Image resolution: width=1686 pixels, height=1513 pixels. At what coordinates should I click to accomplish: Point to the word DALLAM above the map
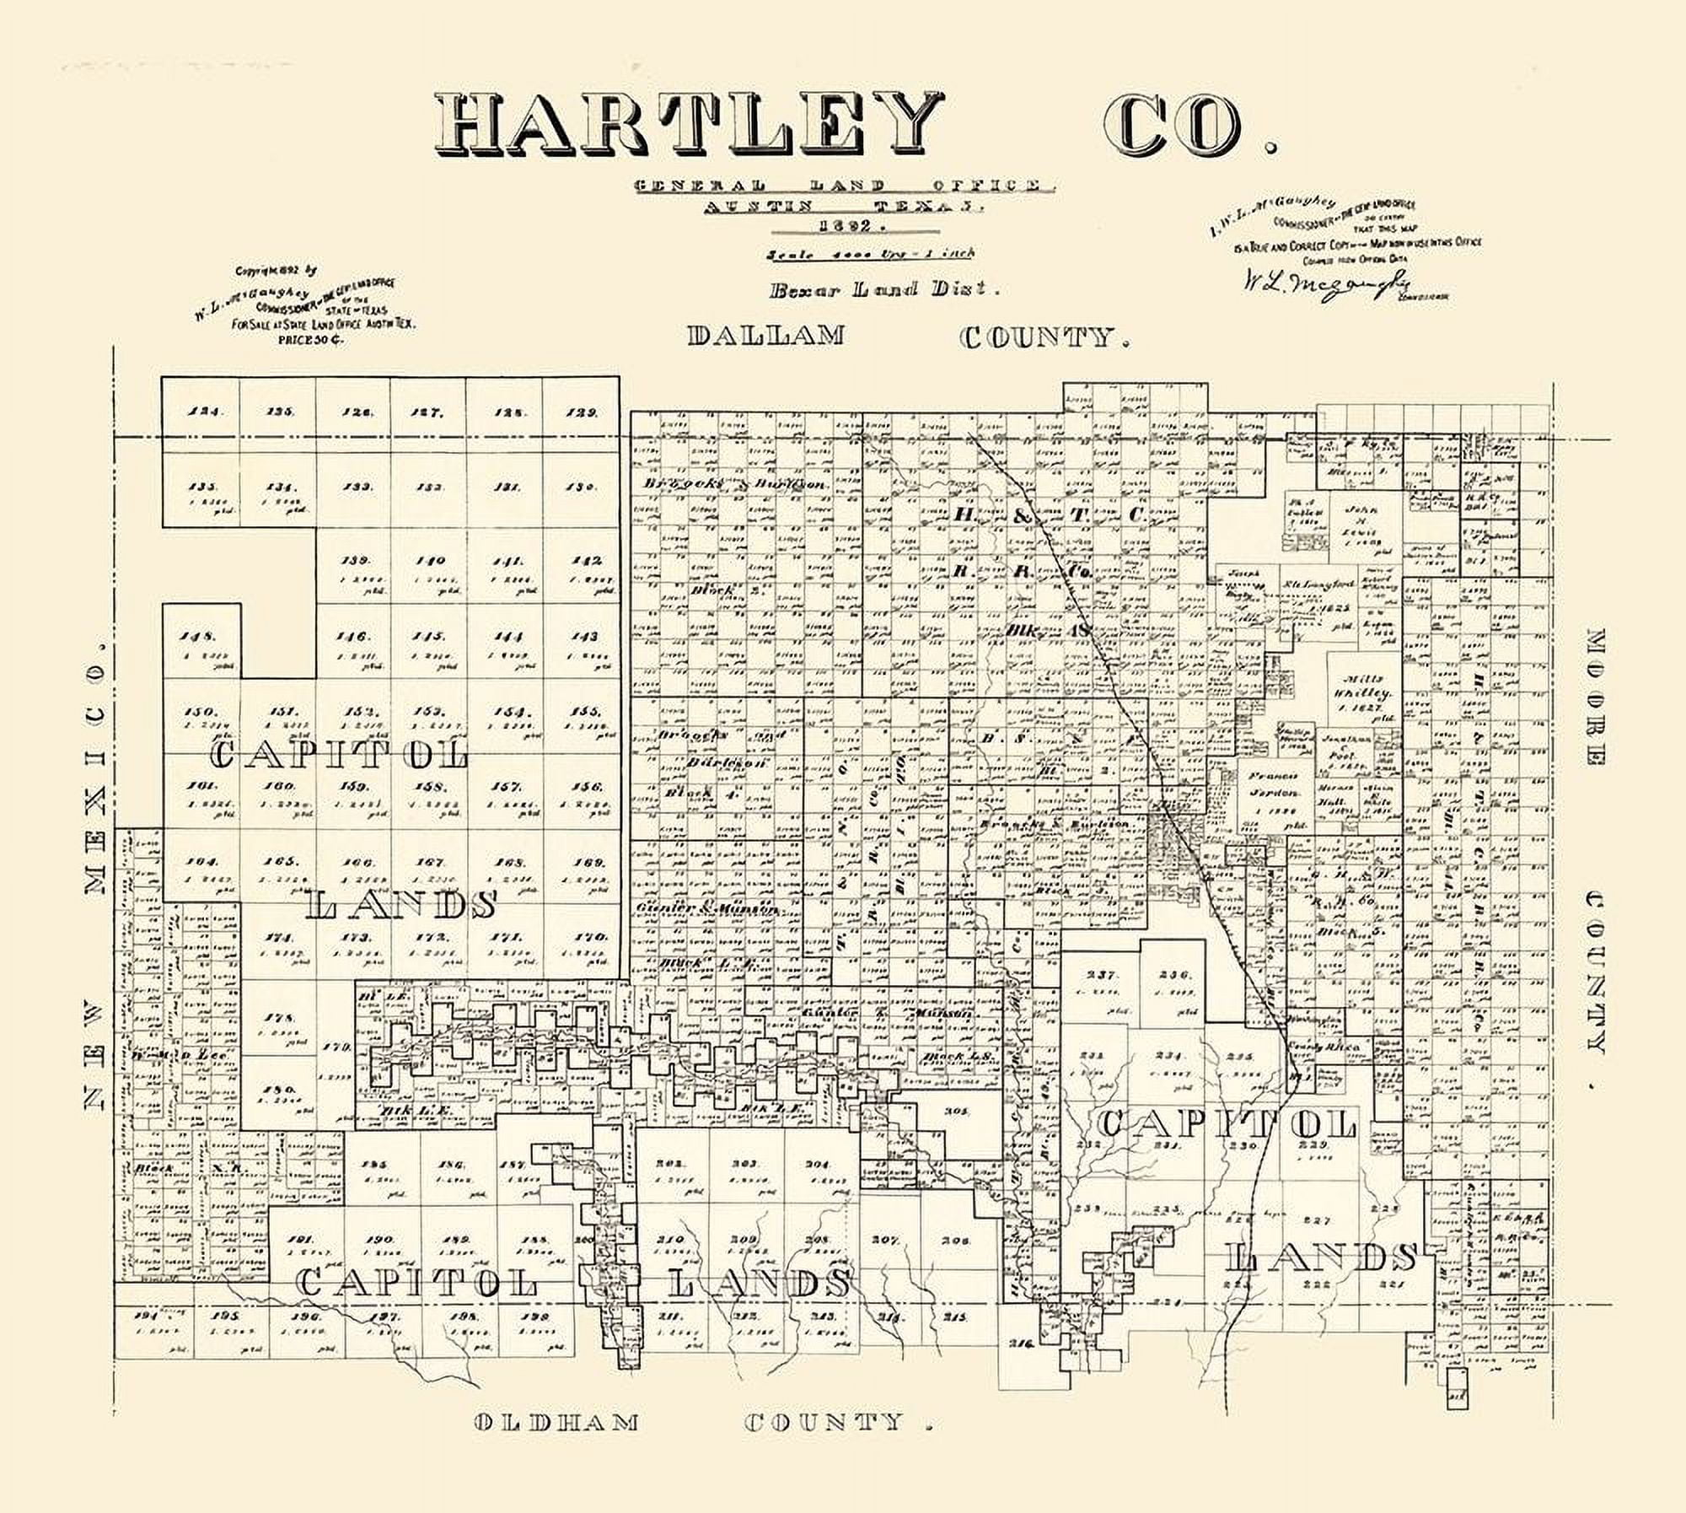tap(765, 336)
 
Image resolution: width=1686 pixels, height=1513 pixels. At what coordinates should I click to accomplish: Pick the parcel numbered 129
tap(582, 412)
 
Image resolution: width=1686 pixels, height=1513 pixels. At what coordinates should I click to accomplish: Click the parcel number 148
tap(202, 637)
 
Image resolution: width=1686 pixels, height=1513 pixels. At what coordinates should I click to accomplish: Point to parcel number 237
tap(1101, 975)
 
